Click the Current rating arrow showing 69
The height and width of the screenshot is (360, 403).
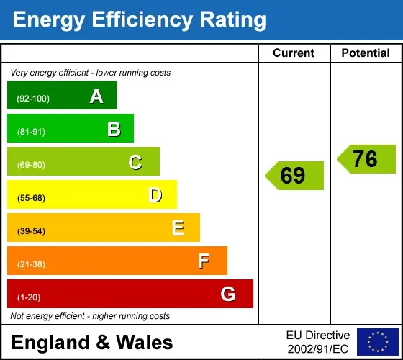294,176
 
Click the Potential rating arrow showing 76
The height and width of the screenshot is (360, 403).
366,159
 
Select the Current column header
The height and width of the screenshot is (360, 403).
294,53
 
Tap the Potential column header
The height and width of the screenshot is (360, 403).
366,53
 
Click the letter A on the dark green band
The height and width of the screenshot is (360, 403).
96,96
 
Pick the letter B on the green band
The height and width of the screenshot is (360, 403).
114,129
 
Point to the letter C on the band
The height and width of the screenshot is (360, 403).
135,162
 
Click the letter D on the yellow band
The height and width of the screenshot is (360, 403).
155,195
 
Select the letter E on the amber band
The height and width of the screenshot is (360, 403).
178,228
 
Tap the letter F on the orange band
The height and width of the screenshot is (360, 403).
204,261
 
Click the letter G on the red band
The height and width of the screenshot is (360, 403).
228,294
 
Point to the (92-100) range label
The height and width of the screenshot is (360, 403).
33,99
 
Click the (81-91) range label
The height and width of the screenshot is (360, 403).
31,132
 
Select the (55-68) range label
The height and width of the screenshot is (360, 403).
31,198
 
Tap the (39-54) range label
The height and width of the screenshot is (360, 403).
31,231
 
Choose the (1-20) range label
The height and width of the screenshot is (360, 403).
29,297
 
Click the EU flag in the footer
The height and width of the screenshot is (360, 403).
378,342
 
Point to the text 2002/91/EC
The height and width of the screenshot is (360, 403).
317,349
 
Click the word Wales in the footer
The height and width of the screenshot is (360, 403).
145,343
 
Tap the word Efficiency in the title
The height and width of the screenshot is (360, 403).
142,19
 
